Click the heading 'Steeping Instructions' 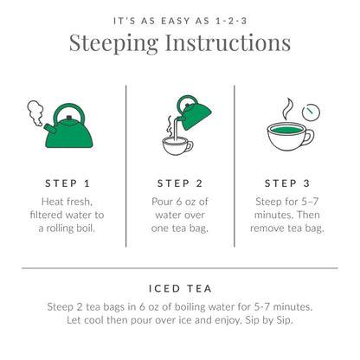(x=180, y=43)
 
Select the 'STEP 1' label (x=67, y=183)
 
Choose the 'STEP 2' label (x=180, y=183)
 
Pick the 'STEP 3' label (x=292, y=183)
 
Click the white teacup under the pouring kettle (x=177, y=144)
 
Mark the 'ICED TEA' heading (x=180, y=290)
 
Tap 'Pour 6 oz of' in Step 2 (x=180, y=201)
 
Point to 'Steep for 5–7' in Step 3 (x=292, y=201)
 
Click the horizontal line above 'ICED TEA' (x=180, y=267)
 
